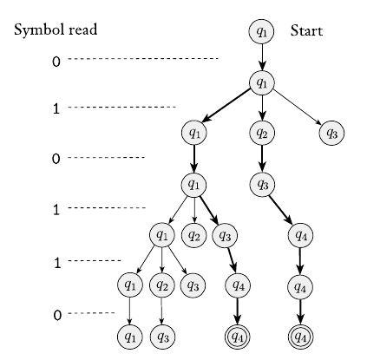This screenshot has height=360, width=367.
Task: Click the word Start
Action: tap(306, 31)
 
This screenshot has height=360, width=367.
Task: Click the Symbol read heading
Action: tap(56, 30)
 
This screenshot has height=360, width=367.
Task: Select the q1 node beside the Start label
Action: tap(262, 31)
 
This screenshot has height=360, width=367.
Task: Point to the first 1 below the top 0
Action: tap(56, 109)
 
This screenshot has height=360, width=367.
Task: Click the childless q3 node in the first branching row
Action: tap(330, 133)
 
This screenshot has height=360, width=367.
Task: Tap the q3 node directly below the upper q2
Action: tap(262, 184)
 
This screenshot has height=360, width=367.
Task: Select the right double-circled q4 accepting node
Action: tap(301, 335)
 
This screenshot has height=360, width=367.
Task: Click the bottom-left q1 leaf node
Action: tap(130, 335)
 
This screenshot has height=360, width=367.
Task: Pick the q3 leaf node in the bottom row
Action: tap(161, 335)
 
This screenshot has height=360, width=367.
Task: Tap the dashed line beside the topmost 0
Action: tap(143, 59)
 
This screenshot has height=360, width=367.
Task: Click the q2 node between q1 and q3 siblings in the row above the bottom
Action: tap(161, 285)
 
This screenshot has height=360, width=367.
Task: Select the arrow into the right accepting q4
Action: tap(301, 310)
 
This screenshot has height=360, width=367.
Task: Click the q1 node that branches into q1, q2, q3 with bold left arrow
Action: tap(262, 82)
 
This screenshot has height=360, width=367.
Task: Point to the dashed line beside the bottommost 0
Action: tap(92, 314)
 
